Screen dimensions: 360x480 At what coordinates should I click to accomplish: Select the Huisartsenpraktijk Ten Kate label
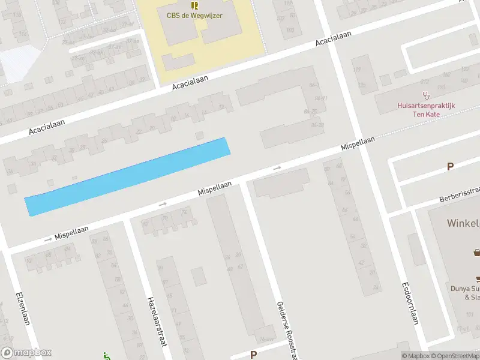[x=426, y=109]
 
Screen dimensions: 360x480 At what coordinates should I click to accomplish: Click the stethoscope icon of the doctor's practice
[x=427, y=95]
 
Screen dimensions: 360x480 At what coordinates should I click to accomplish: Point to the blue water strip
[x=127, y=176]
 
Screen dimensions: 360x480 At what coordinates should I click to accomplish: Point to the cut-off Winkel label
[x=463, y=223]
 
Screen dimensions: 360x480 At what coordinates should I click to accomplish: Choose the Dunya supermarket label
[x=465, y=292]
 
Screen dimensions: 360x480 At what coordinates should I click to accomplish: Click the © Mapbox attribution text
[x=416, y=356]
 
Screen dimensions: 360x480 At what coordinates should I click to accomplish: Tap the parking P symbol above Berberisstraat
[x=450, y=167]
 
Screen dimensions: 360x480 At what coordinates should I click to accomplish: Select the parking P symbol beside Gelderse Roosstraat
[x=253, y=355]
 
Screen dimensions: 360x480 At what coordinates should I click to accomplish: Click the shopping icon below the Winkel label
[x=477, y=253]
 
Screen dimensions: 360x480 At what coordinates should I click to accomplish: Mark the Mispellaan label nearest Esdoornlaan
[x=358, y=143]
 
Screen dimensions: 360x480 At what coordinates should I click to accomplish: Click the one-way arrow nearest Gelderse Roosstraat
[x=277, y=169]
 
